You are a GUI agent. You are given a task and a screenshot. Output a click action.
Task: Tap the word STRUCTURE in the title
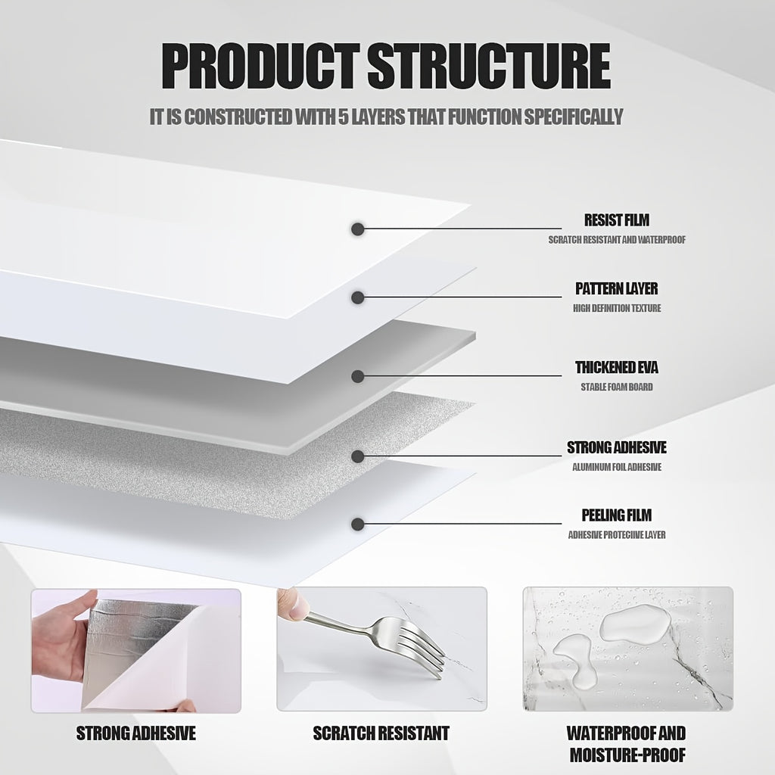click(x=490, y=67)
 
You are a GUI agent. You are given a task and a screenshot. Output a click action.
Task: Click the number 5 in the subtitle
click(x=344, y=117)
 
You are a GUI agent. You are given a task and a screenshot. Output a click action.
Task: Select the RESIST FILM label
click(x=616, y=220)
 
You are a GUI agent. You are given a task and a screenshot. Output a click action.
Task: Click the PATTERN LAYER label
click(x=616, y=288)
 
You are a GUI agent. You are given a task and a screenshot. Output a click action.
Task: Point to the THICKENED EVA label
click(x=616, y=367)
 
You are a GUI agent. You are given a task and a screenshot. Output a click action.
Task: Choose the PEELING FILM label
click(x=616, y=515)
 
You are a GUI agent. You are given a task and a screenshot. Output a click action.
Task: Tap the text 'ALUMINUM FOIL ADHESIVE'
click(x=616, y=467)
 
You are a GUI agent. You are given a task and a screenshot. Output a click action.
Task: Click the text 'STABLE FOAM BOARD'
click(x=616, y=387)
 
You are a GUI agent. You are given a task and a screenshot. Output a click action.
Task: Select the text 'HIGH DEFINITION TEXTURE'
click(x=616, y=309)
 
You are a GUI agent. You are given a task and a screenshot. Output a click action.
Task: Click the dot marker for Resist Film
click(x=358, y=229)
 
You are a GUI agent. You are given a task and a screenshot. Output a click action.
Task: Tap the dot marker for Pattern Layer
click(x=358, y=297)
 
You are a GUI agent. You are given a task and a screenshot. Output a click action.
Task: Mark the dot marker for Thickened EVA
click(x=358, y=376)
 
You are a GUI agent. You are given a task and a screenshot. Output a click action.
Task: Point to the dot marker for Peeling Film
click(x=358, y=524)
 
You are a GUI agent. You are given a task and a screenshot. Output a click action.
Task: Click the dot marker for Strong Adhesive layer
click(x=358, y=456)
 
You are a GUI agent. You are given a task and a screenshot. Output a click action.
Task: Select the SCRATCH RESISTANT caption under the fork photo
click(x=381, y=733)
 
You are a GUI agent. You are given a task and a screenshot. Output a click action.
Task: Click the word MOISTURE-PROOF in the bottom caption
click(x=627, y=755)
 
